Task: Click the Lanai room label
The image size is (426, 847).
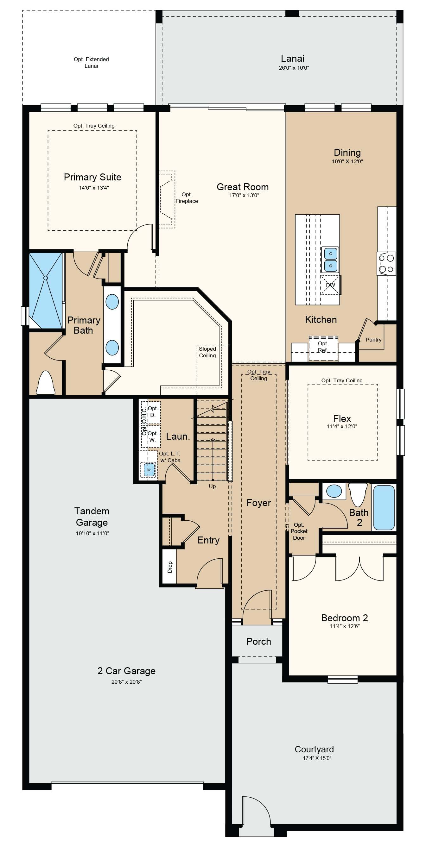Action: click(x=292, y=59)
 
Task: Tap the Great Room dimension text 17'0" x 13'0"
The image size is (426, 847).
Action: click(x=244, y=195)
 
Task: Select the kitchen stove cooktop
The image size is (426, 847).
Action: click(x=386, y=264)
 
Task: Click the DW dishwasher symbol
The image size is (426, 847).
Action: click(x=330, y=285)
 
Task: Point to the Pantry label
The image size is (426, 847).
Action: click(x=373, y=340)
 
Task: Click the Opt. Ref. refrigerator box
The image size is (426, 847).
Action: click(x=323, y=348)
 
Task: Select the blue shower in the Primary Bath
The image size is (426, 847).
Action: click(x=46, y=290)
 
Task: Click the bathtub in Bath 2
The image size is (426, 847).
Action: click(x=384, y=507)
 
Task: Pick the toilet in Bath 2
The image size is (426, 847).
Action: click(x=358, y=494)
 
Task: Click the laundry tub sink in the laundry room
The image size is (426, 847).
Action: click(x=149, y=469)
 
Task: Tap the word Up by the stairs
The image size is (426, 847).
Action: click(x=212, y=486)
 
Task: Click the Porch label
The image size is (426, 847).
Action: click(x=258, y=642)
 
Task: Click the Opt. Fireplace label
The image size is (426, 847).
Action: click(x=187, y=198)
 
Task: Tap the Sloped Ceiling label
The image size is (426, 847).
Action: click(x=207, y=352)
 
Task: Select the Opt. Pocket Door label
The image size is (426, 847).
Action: click(x=299, y=531)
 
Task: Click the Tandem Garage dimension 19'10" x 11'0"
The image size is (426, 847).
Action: click(x=92, y=533)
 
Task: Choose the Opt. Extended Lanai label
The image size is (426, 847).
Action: click(x=91, y=62)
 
